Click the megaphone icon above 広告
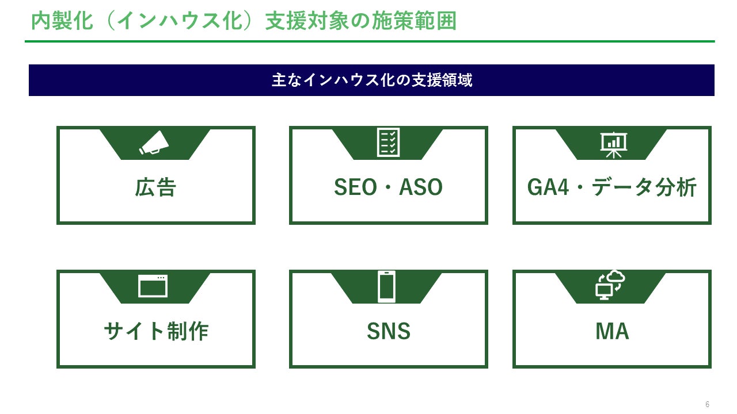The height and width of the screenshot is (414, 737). [154, 143]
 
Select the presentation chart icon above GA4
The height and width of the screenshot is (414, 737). [613, 144]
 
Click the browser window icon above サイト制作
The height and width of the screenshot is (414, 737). [153, 286]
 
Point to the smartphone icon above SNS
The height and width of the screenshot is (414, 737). [386, 286]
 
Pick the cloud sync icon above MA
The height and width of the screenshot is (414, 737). [610, 285]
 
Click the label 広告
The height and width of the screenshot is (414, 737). [155, 187]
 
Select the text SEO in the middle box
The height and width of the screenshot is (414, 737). [355, 187]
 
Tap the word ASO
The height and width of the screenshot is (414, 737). [421, 187]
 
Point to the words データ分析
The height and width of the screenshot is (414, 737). [644, 187]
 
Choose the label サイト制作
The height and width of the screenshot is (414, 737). [155, 331]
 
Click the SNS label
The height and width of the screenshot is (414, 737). [389, 331]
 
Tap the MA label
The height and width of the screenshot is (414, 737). [612, 331]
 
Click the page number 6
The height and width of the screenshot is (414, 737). [708, 404]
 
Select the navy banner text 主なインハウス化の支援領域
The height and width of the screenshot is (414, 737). [372, 80]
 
